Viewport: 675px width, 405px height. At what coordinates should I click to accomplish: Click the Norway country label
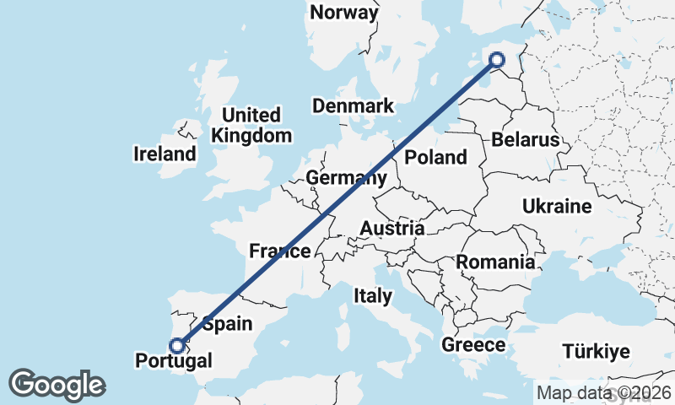pos(344,13)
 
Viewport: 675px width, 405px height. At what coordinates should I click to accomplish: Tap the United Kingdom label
pos(251,125)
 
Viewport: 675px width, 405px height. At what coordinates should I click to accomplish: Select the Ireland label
pos(165,154)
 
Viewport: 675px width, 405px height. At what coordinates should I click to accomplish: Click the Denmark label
pos(353,106)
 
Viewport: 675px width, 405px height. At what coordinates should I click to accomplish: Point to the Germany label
pos(346,178)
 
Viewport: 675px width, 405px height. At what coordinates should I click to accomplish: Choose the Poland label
pos(435,157)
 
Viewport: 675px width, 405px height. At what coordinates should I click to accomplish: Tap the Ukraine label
pos(557,207)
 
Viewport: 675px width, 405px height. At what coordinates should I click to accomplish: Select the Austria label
pos(391,229)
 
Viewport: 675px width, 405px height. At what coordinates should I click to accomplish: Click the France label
pos(279,251)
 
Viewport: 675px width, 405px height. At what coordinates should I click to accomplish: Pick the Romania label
pos(495,262)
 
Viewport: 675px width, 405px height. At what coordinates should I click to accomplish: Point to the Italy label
pos(372,296)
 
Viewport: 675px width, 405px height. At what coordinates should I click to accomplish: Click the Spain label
pos(227,324)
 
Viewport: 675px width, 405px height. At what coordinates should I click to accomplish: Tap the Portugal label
pos(174,362)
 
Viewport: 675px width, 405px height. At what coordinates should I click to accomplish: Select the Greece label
pos(473,345)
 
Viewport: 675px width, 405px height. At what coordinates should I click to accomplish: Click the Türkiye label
pos(598,352)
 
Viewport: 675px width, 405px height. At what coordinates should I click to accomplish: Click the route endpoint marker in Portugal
pos(177,345)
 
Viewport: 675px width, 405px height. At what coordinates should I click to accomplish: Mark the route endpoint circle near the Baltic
pos(497,59)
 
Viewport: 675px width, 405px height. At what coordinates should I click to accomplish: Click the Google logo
pos(57,385)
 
